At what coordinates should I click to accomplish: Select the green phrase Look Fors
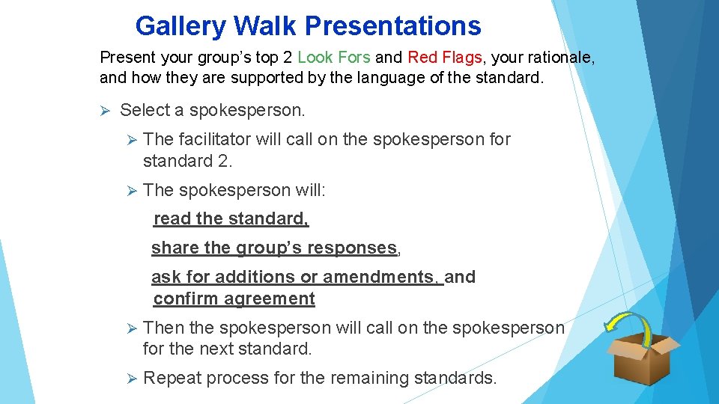click(333, 58)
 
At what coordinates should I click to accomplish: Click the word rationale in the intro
click(559, 58)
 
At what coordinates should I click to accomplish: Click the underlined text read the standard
click(231, 219)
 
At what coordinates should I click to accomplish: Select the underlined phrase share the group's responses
click(274, 248)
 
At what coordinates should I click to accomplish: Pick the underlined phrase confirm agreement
click(234, 299)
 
